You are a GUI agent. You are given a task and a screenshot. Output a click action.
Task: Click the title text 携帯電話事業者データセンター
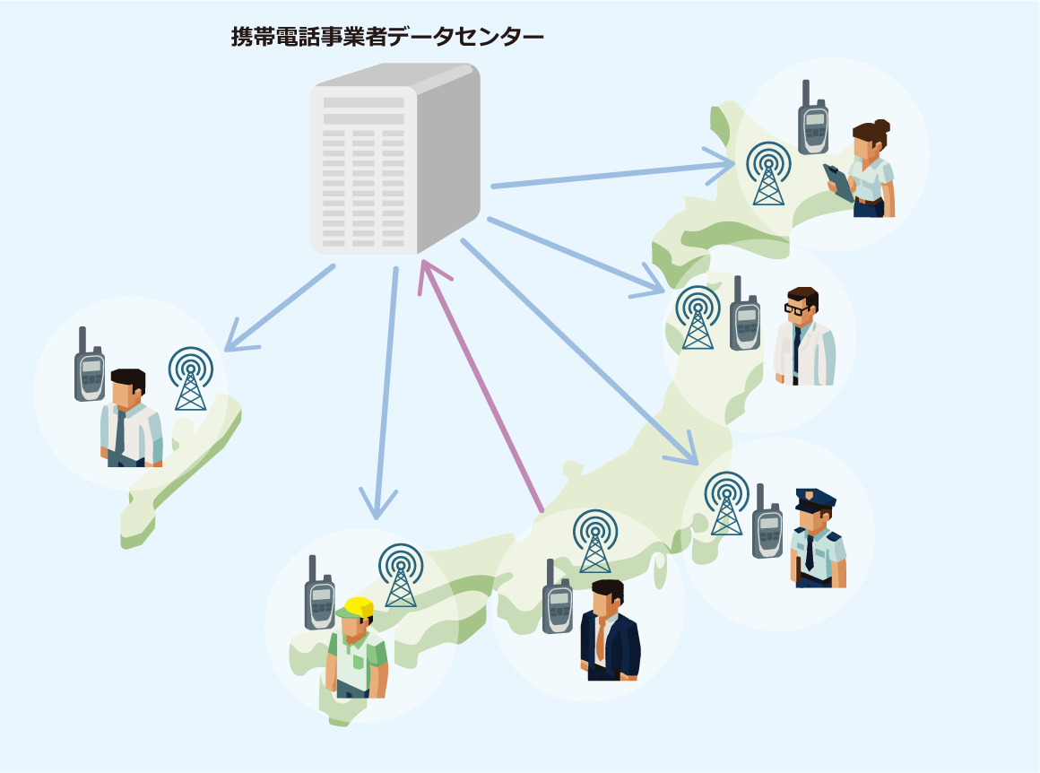(387, 37)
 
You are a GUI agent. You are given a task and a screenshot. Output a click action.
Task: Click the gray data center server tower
(394, 161)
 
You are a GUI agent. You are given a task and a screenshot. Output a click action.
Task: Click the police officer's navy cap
(815, 498)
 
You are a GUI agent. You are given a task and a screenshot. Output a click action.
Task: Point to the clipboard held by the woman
(840, 182)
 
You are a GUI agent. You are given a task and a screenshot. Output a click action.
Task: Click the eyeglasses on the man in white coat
(796, 308)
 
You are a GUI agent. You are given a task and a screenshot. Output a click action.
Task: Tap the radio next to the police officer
(767, 525)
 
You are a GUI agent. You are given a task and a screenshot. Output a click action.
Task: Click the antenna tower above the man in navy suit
(594, 542)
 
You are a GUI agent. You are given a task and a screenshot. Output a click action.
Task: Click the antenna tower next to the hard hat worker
(401, 576)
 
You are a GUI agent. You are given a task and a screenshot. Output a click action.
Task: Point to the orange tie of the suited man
(601, 638)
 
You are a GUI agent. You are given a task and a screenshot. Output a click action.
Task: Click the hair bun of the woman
(882, 126)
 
